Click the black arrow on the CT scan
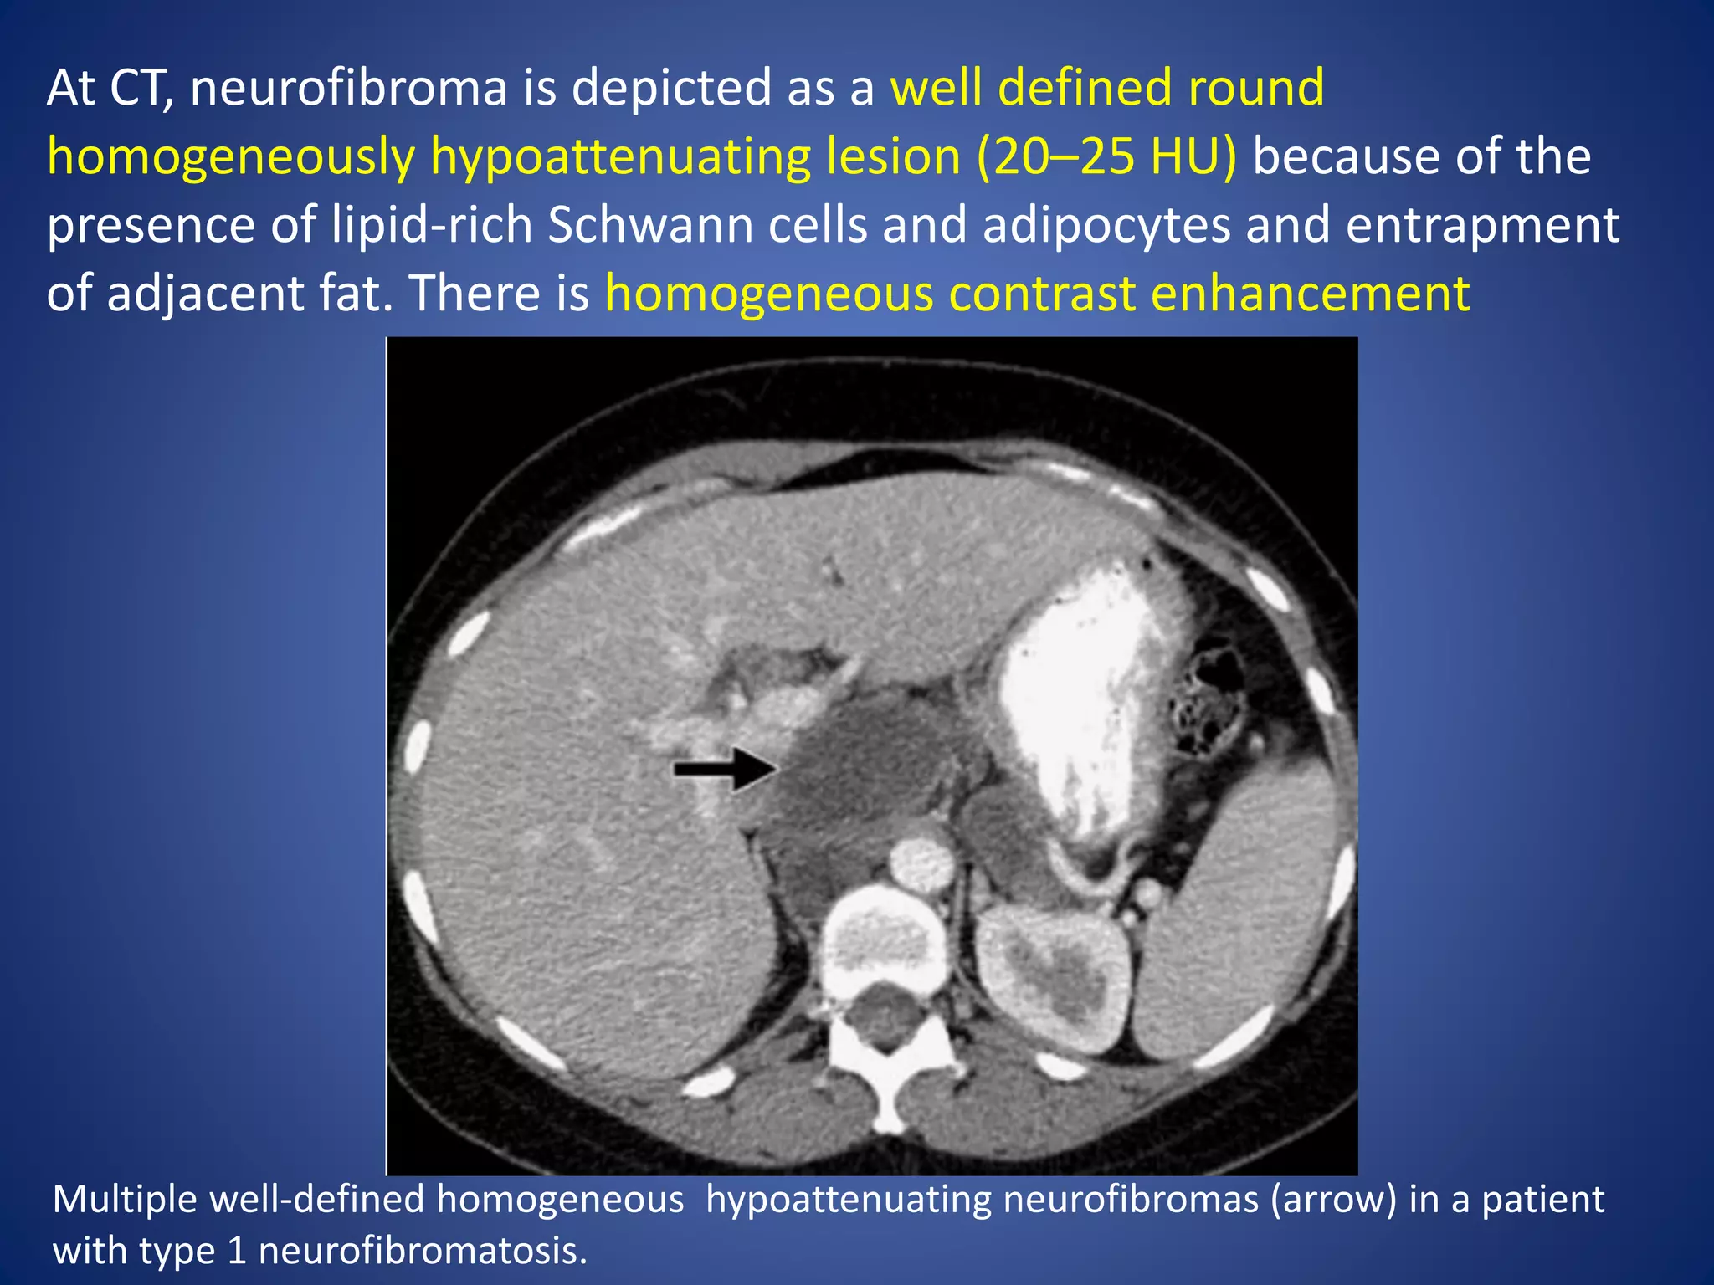725,769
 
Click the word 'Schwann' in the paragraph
649,225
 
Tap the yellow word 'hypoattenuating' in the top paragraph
620,157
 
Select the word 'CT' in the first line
140,88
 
